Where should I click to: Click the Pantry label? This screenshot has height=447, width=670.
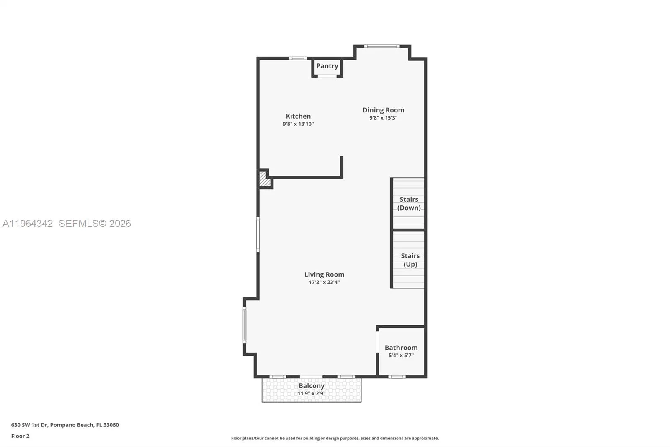(x=327, y=66)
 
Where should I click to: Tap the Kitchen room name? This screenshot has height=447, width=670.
(x=298, y=116)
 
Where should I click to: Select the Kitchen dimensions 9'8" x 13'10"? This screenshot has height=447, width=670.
(x=298, y=124)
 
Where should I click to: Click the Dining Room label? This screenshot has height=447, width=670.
(x=383, y=110)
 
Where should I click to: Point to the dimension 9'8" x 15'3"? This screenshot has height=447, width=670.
(x=383, y=118)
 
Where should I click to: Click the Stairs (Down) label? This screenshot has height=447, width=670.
(x=409, y=203)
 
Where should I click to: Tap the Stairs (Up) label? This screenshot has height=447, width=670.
(x=410, y=260)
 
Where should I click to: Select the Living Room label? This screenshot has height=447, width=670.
(x=324, y=275)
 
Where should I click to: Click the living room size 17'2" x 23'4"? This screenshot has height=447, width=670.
(x=324, y=283)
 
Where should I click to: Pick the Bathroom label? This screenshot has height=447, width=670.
(x=401, y=348)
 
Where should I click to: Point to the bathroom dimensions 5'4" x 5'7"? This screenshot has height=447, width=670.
(x=401, y=356)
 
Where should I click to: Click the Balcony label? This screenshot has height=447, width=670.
(x=311, y=386)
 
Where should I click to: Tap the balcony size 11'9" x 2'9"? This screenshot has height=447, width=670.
(x=311, y=394)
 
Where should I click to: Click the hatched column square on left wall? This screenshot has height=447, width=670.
(x=264, y=179)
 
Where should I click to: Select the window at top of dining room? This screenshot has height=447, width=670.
(x=381, y=46)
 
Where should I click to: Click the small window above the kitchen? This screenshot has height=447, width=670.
(x=298, y=58)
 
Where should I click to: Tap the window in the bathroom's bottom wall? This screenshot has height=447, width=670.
(x=397, y=377)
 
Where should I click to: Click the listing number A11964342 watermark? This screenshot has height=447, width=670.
(x=28, y=223)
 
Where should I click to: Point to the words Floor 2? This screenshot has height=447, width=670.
(x=20, y=436)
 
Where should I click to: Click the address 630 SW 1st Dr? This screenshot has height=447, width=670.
(x=29, y=425)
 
